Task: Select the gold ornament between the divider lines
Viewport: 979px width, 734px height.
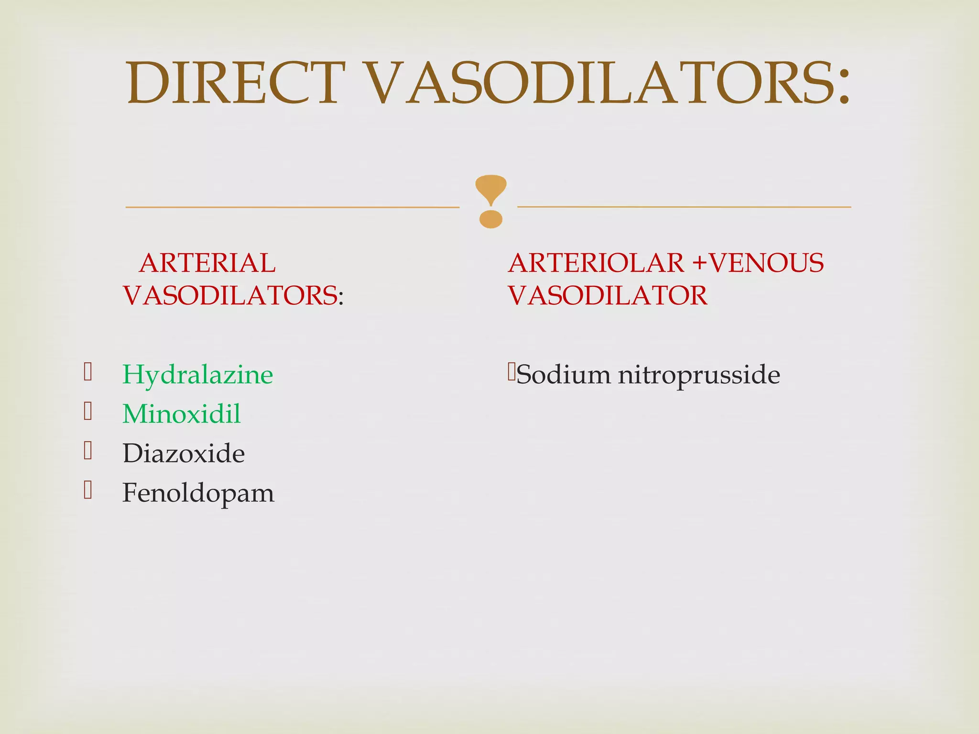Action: point(490,201)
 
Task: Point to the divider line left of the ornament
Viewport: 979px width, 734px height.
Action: point(292,207)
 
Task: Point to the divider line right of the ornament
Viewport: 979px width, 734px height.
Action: point(684,207)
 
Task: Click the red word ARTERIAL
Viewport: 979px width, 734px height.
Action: point(207,263)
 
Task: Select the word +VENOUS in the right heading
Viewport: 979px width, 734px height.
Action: point(759,263)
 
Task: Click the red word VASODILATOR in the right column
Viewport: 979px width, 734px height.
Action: point(608,295)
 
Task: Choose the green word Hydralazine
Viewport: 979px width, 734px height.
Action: point(197,375)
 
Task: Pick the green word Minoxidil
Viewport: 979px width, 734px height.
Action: point(181,414)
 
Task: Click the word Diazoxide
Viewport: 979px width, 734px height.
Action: point(184,453)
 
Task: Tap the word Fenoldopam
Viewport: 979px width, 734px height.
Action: point(198,493)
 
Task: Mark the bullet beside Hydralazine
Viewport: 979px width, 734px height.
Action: point(87,372)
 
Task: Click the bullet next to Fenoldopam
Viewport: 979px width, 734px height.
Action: point(87,490)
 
